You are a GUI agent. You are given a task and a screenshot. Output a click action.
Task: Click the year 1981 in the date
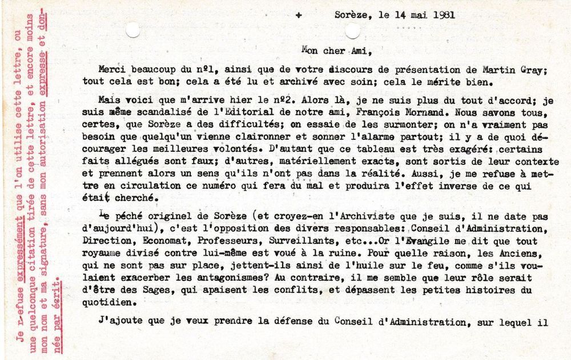(x=443, y=15)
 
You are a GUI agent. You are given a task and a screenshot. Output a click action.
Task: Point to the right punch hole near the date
(x=352, y=30)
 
